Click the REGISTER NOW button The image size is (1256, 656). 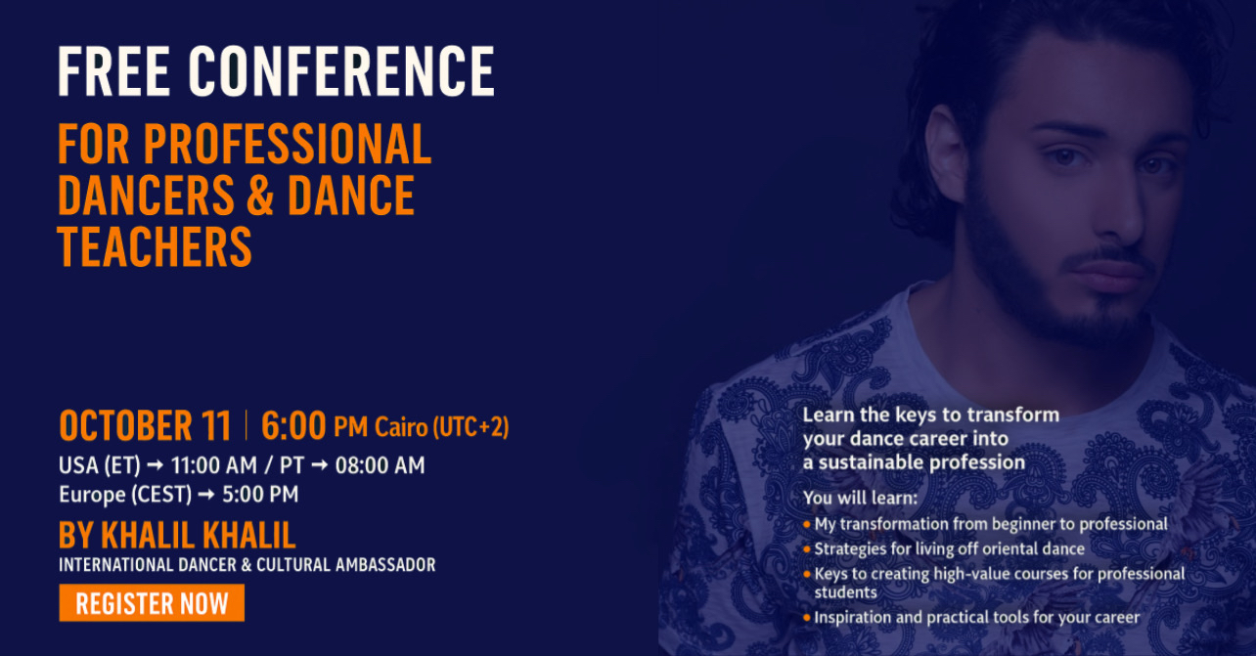(x=152, y=603)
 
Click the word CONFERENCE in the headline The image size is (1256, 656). (x=341, y=71)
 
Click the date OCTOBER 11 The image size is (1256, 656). (x=145, y=426)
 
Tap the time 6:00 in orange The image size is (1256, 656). (x=292, y=426)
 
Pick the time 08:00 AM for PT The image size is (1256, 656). (x=380, y=465)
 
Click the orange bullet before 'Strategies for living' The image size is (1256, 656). (x=807, y=549)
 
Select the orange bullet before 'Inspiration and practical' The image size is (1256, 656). (x=807, y=618)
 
